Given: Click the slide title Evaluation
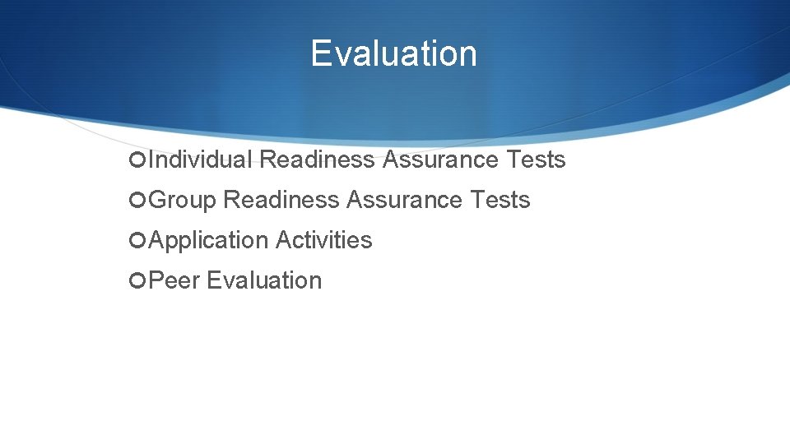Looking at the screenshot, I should pos(393,54).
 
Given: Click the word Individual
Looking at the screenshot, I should pos(201,160).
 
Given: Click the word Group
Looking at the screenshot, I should pos(182,200).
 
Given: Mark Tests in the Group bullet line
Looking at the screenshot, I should pos(500,200).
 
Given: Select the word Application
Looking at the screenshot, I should pos(209,241).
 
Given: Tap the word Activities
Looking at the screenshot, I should pos(323,240).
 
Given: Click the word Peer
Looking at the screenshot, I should pos(174,280).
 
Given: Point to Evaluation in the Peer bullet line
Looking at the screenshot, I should pos(264,280).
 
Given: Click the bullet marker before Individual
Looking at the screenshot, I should pos(137,160).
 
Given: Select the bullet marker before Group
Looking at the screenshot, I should pos(137,201).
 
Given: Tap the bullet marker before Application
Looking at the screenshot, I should pos(137,241).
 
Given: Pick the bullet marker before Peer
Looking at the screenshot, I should pos(137,281).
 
